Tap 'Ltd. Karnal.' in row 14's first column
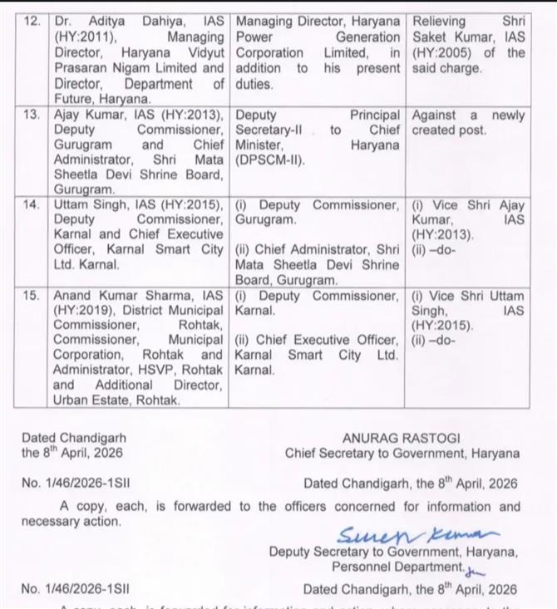(86, 265)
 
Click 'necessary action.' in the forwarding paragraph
(71, 522)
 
